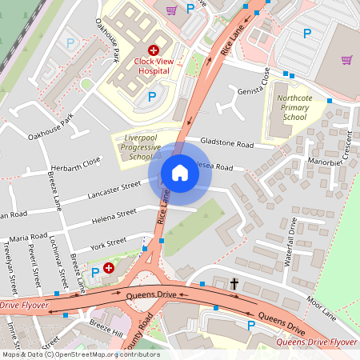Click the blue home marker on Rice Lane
point(180,173)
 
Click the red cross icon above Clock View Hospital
point(153,50)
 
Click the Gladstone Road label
point(226,143)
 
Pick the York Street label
point(109,242)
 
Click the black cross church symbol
point(234,284)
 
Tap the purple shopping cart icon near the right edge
point(346,59)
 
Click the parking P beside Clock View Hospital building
point(152,97)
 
